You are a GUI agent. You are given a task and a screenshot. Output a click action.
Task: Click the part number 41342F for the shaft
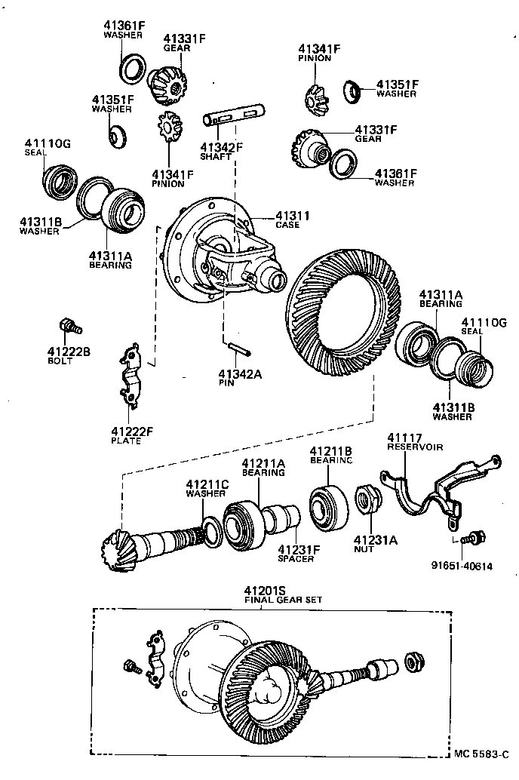(x=221, y=146)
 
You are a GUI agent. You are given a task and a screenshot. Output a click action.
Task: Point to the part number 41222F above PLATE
(x=132, y=431)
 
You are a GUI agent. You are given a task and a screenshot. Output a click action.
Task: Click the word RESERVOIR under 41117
(x=415, y=447)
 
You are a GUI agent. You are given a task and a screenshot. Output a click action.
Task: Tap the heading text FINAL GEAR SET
(x=282, y=600)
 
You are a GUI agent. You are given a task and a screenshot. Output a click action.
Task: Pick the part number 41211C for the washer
(x=207, y=484)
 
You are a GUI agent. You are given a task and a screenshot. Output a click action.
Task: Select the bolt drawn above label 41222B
(x=69, y=327)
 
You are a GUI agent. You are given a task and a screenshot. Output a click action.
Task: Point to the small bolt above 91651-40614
(x=474, y=538)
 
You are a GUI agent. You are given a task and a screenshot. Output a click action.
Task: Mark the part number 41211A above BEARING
(x=263, y=463)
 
